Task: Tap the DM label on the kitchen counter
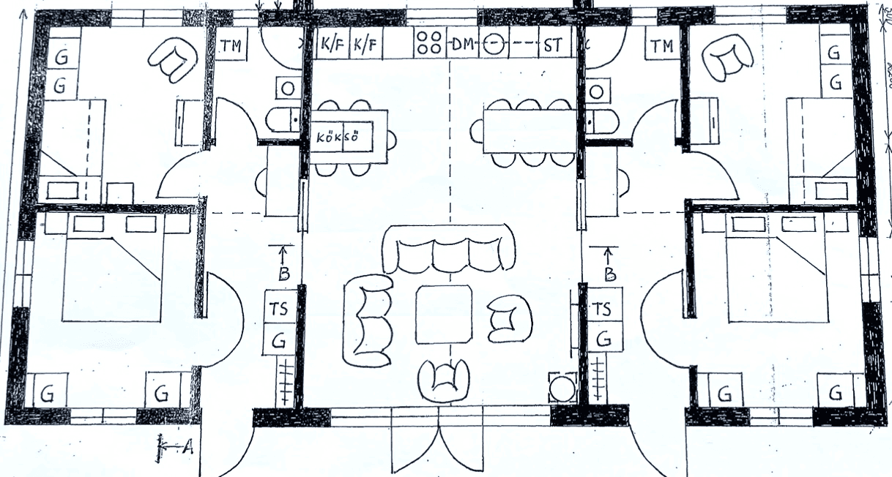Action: [462, 45]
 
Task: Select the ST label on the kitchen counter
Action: [553, 45]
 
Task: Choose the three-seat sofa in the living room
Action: [447, 249]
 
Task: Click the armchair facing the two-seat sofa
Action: [508, 318]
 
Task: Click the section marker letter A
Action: [187, 448]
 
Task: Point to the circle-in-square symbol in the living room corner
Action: [562, 388]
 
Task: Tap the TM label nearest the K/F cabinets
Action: [232, 45]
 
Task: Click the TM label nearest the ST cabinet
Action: [661, 46]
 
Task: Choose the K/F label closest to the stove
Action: [367, 45]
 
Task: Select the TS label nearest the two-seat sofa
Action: [279, 309]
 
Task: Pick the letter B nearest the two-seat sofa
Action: [284, 274]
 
